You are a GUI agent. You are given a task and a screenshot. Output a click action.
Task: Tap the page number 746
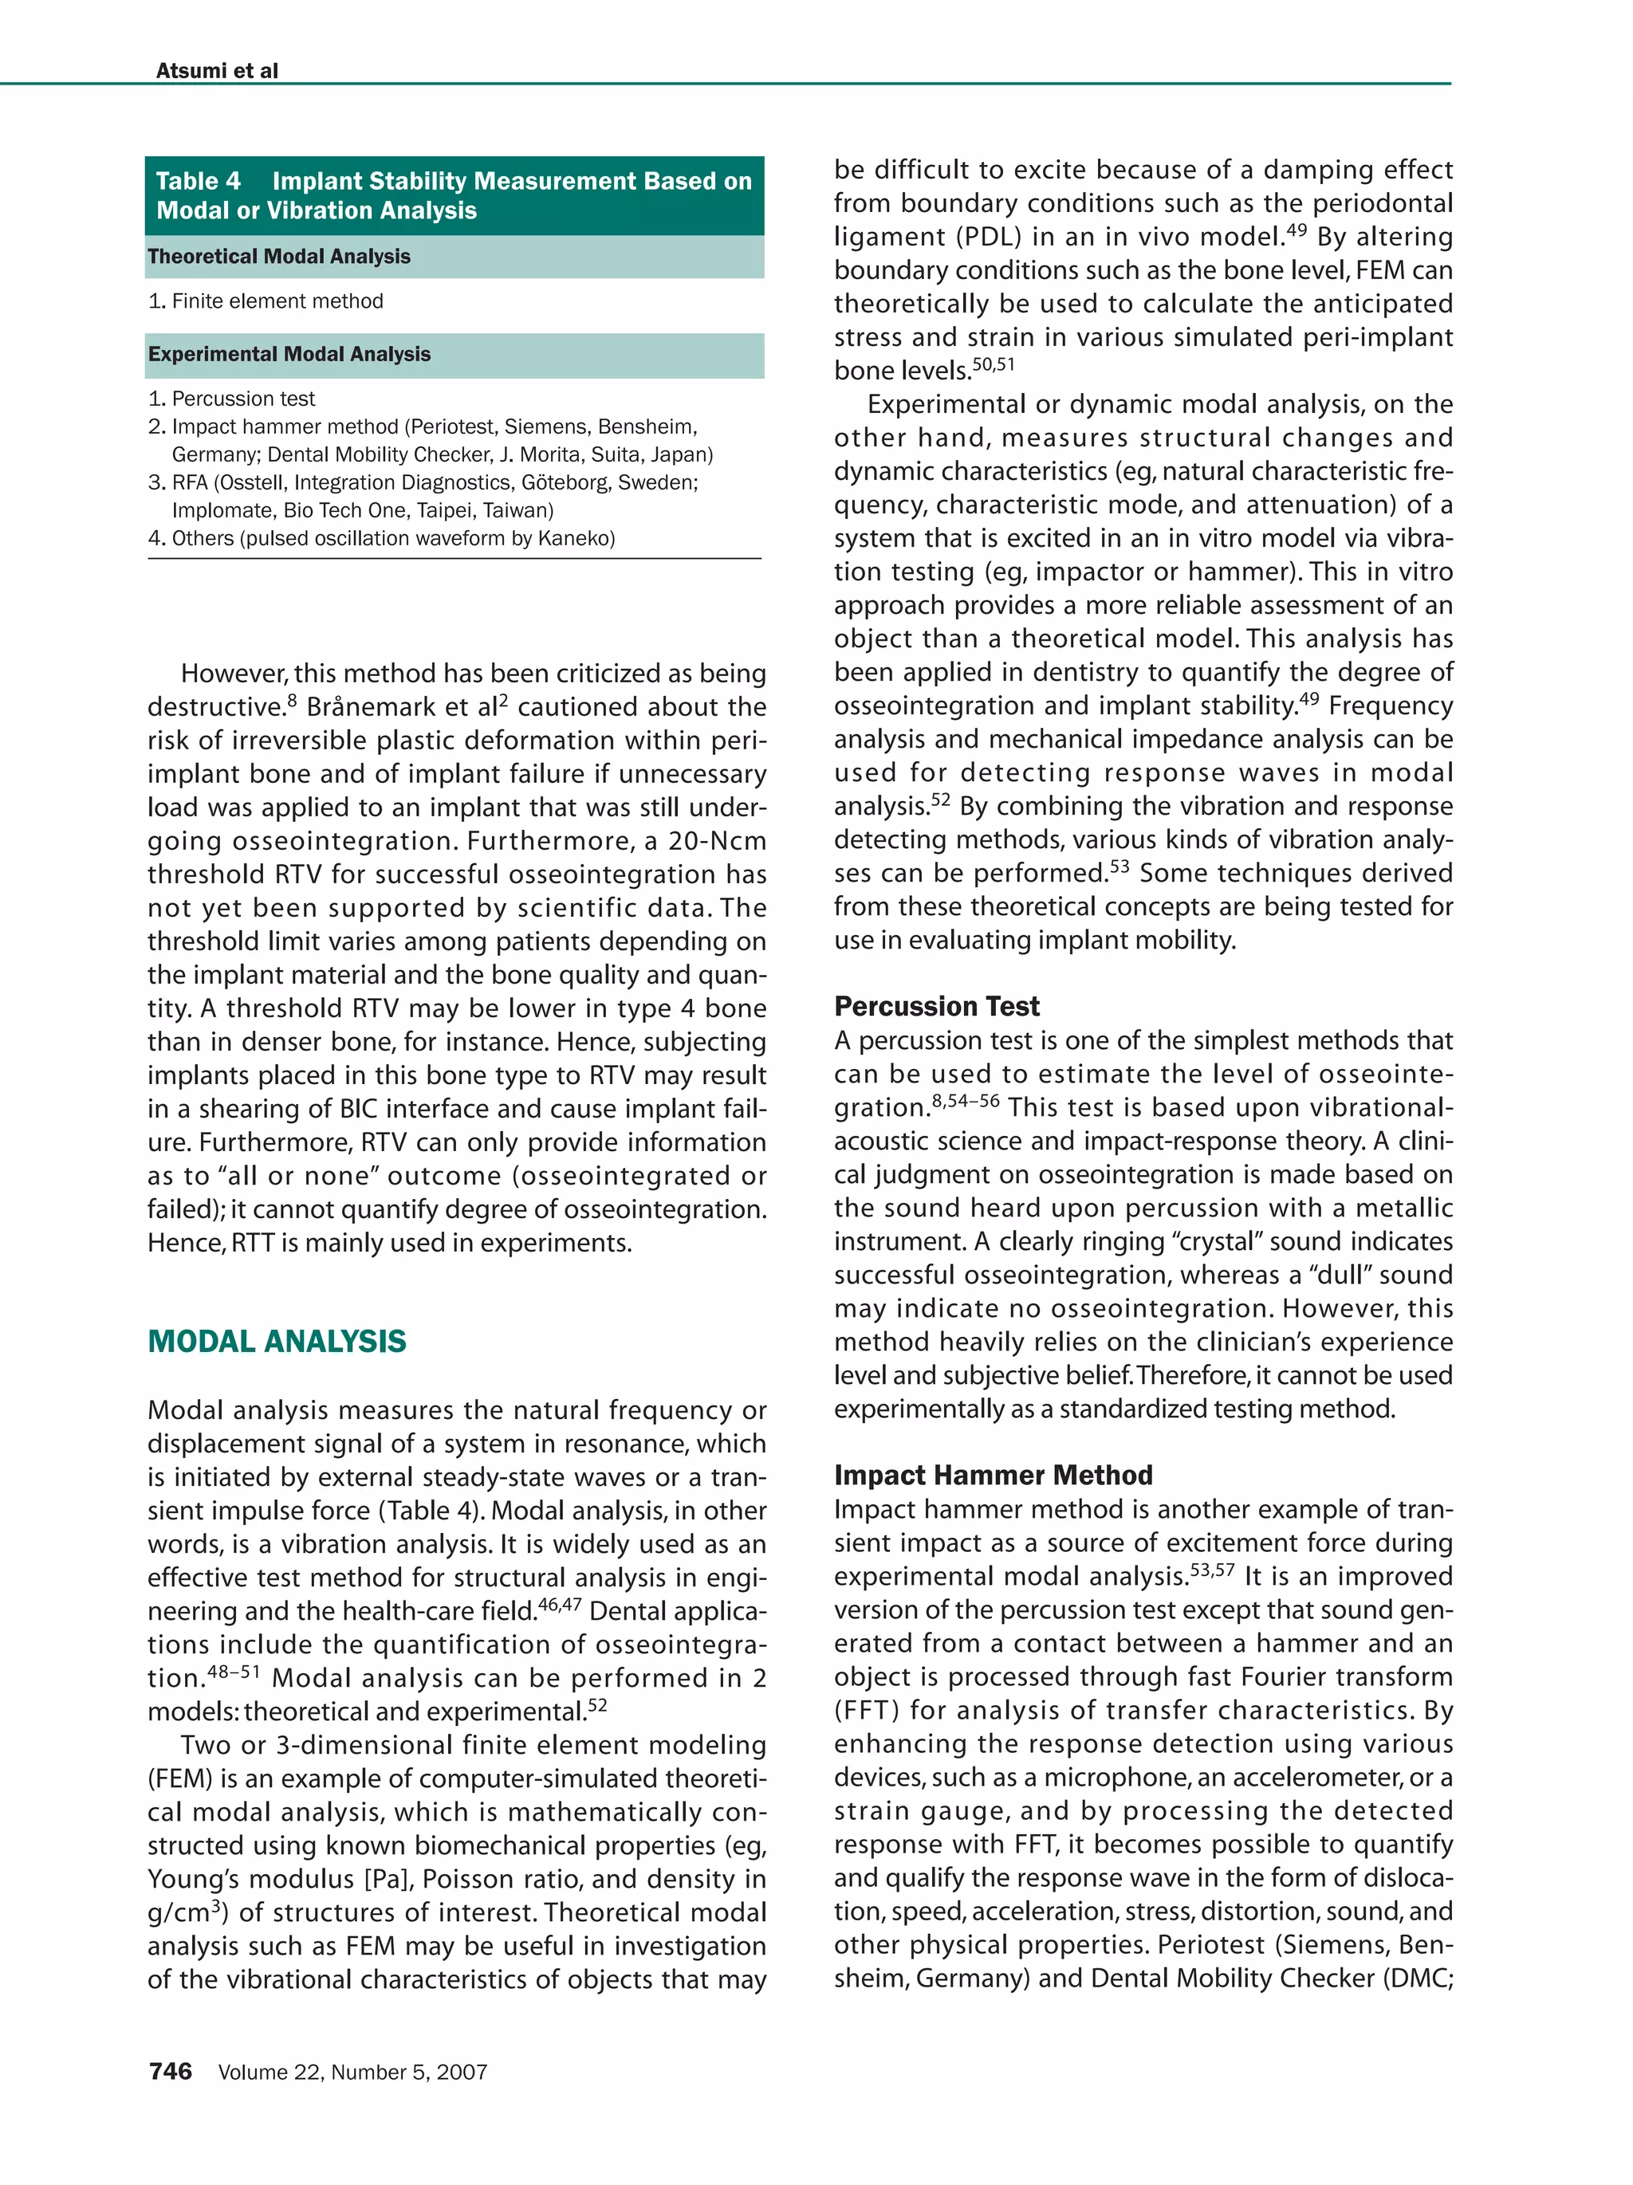pyautogui.click(x=170, y=2071)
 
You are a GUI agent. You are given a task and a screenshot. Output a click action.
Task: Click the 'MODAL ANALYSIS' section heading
pyautogui.click(x=277, y=1342)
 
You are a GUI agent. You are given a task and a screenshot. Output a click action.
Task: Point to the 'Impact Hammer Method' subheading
pyautogui.click(x=992, y=1475)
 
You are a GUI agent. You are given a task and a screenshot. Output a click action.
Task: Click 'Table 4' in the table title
pyautogui.click(x=198, y=181)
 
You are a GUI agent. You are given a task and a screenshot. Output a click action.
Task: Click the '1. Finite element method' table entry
pyautogui.click(x=265, y=301)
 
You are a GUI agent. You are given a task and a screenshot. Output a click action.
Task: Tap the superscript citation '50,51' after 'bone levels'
pyautogui.click(x=993, y=364)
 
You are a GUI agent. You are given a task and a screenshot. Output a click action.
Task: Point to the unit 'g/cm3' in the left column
pyautogui.click(x=186, y=1912)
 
